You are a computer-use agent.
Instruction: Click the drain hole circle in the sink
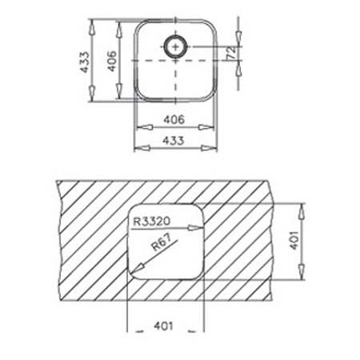[x=164, y=46]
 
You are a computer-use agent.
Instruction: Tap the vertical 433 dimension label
[x=85, y=62]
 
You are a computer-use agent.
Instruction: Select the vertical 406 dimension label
[x=112, y=61]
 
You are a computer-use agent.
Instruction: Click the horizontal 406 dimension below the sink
[x=174, y=120]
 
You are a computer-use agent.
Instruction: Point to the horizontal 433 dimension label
[x=174, y=141]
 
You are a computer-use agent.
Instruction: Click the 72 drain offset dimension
[x=231, y=52]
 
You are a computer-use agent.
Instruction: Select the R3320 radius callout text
[x=152, y=221]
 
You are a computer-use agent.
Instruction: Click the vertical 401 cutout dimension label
[x=294, y=240]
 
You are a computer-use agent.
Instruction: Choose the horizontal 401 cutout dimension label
[x=163, y=326]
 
